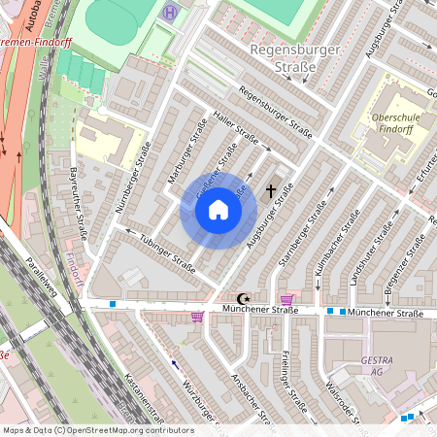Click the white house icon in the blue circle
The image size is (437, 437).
218,210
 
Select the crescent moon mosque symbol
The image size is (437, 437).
243,298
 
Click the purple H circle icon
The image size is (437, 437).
172,13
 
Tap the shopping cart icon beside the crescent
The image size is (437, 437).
286,299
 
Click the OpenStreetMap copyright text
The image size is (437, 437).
97,430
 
